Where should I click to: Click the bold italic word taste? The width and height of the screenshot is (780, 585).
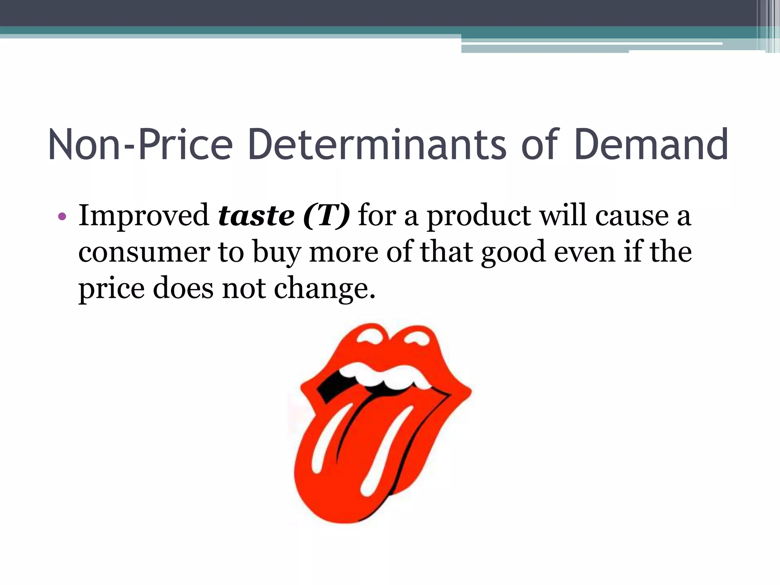click(x=256, y=216)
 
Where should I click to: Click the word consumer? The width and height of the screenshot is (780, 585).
click(x=144, y=253)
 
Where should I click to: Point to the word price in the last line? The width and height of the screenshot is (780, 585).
click(x=111, y=289)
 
